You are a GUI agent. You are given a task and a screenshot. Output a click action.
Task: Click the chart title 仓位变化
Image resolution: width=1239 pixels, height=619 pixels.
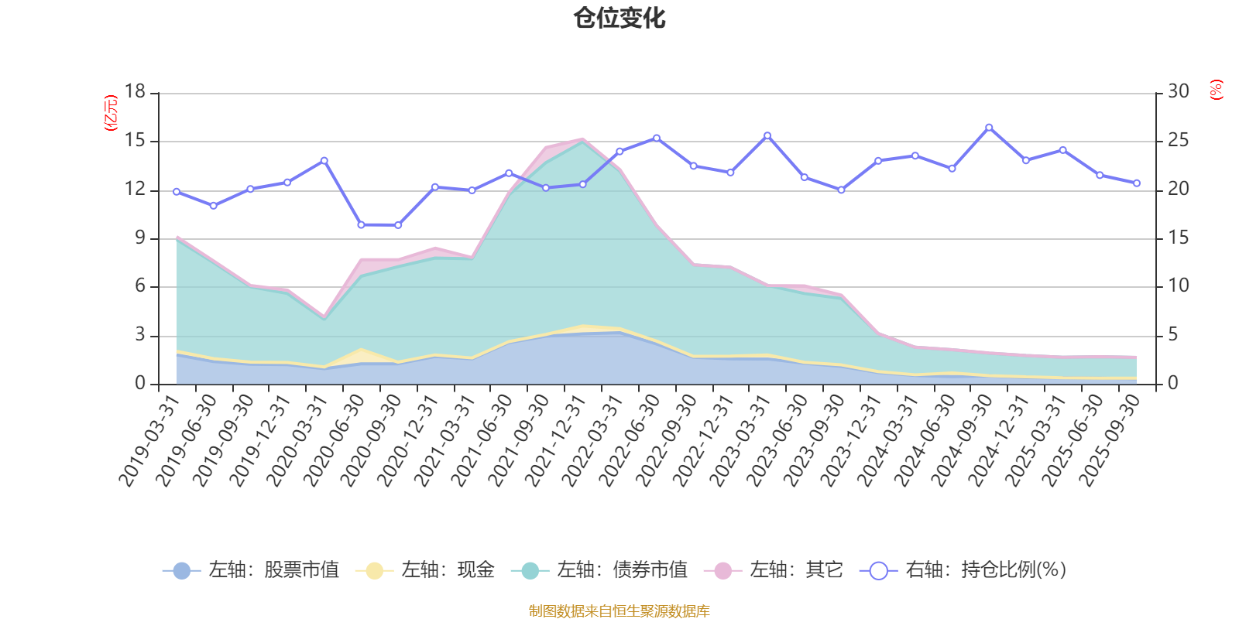pyautogui.click(x=619, y=18)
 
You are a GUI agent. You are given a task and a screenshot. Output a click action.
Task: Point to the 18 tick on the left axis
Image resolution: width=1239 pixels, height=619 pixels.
pyautogui.click(x=135, y=91)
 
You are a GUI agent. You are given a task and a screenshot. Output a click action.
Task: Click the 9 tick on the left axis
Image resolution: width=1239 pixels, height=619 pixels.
pyautogui.click(x=140, y=238)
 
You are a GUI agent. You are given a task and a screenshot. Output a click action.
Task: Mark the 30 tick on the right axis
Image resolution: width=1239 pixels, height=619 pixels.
pyautogui.click(x=1179, y=91)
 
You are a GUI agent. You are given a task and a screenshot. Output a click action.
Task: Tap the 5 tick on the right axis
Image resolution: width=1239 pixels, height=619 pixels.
pyautogui.click(x=1174, y=335)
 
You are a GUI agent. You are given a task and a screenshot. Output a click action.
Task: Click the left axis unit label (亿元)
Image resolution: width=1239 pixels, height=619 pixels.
pyautogui.click(x=112, y=113)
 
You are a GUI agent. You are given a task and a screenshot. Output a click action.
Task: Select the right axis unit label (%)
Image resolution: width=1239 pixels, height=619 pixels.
pyautogui.click(x=1216, y=90)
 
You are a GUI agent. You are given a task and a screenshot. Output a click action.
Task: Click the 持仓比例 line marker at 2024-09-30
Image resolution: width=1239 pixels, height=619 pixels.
pyautogui.click(x=989, y=127)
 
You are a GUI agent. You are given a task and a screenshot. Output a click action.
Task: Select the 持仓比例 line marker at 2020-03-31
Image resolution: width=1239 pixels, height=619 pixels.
pyautogui.click(x=324, y=160)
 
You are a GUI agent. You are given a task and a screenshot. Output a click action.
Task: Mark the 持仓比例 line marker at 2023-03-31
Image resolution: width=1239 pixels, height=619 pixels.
pyautogui.click(x=767, y=135)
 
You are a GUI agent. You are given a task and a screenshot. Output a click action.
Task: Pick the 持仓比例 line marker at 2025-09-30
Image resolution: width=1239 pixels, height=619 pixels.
pyautogui.click(x=1137, y=183)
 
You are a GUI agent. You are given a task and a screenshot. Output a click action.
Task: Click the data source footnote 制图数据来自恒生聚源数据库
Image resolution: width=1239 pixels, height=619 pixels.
pyautogui.click(x=619, y=611)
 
